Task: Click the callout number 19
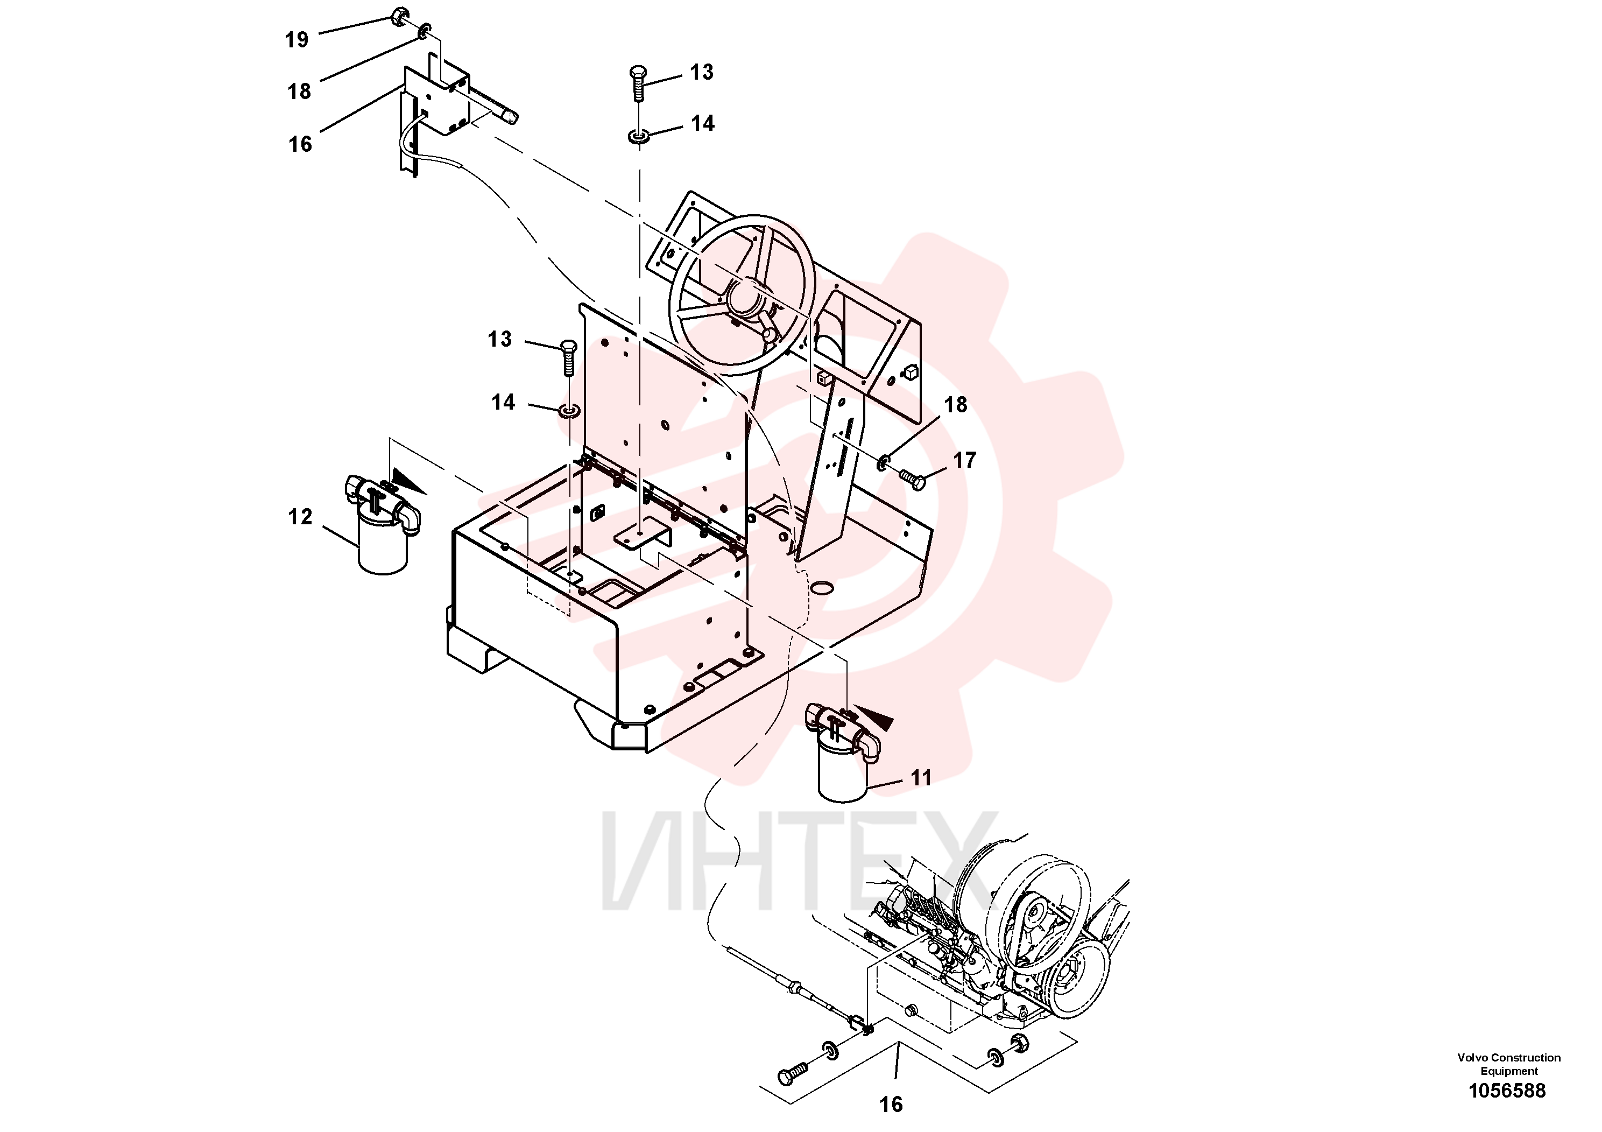tap(297, 40)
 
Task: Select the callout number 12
tap(300, 517)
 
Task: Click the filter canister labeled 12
tap(383, 523)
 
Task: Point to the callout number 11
tap(921, 778)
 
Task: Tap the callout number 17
tap(965, 461)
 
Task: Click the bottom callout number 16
tap(891, 1104)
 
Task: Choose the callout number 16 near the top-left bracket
tap(300, 144)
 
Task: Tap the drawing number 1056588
tap(1507, 1091)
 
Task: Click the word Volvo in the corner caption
tap(1472, 1058)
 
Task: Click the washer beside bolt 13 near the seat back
tap(569, 410)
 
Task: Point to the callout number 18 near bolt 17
tap(955, 405)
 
